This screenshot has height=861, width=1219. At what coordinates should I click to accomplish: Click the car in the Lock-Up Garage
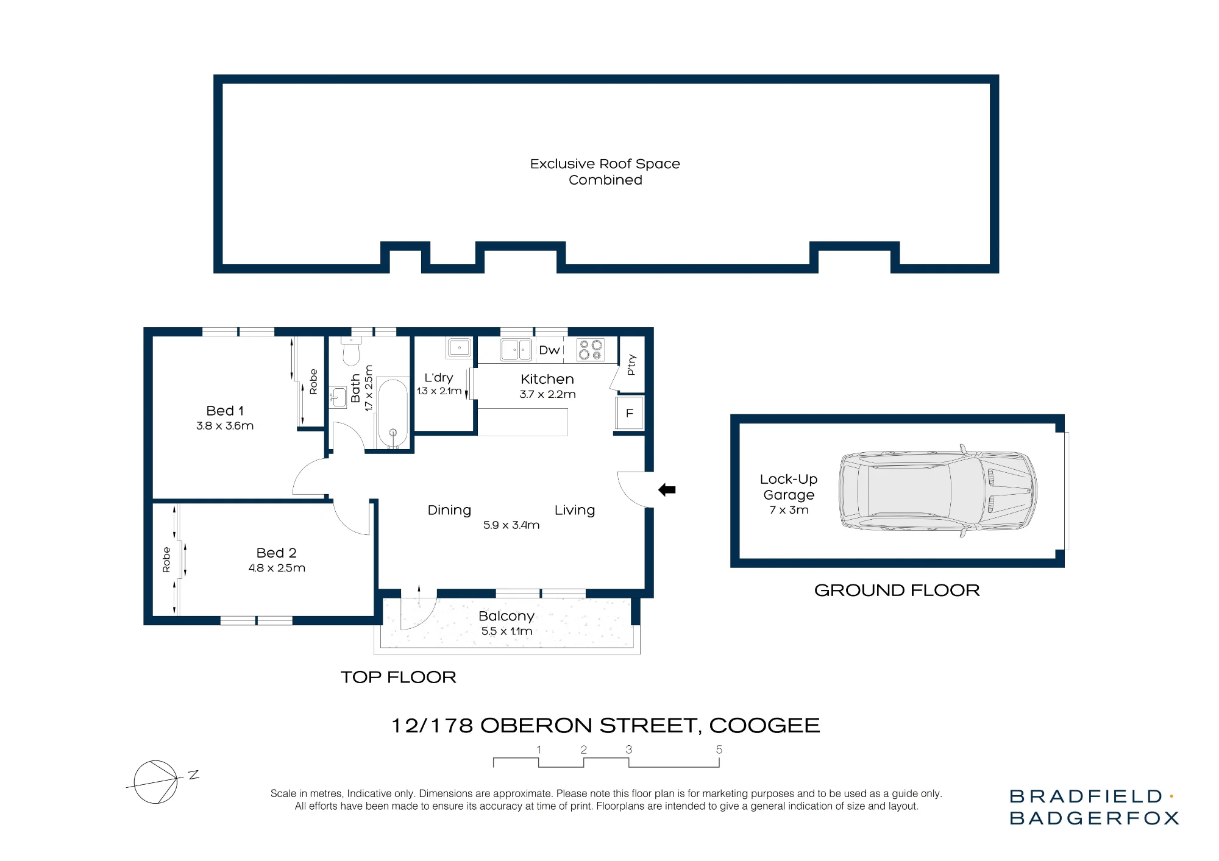tap(938, 491)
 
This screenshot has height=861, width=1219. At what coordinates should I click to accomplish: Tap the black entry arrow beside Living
tap(667, 489)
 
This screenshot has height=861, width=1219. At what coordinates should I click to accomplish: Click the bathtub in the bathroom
tap(393, 413)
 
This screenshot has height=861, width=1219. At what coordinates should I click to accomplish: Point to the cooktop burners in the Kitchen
tap(590, 350)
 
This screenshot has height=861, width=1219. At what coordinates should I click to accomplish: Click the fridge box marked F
tap(630, 413)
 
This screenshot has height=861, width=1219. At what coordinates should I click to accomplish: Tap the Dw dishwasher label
tap(549, 350)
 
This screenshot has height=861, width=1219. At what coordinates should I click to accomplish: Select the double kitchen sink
tap(516, 350)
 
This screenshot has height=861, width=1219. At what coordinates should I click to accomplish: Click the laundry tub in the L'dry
tap(459, 348)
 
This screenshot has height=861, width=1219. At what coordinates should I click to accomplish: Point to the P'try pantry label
tap(631, 364)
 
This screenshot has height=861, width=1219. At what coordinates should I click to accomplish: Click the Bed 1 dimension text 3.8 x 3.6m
tap(225, 426)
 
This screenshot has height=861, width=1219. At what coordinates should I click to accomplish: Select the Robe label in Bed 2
tap(166, 560)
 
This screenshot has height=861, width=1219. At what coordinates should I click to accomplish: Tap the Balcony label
tap(506, 616)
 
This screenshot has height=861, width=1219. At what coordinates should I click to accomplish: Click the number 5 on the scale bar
tap(719, 749)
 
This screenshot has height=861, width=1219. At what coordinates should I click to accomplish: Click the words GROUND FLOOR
tap(897, 590)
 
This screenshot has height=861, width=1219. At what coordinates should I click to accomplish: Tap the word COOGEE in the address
tap(765, 725)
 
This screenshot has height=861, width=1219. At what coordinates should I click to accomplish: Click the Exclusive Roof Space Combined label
tap(605, 172)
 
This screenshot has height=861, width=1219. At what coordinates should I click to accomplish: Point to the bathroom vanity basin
tap(337, 397)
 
